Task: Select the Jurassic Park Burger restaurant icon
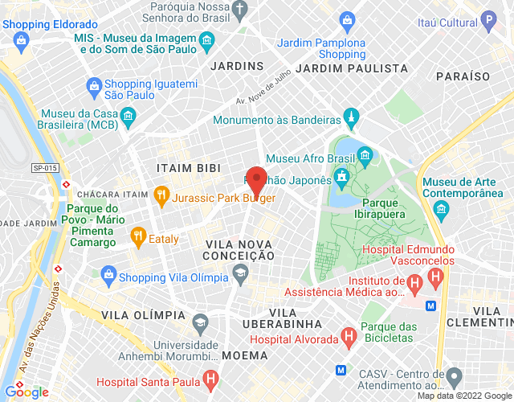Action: pos(161,194)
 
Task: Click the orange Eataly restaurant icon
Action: pos(137,236)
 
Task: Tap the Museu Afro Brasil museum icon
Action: pos(365,154)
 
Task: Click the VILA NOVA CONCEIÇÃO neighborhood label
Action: pos(240,249)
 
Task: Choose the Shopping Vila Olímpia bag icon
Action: pos(108,275)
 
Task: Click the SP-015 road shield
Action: pos(46,167)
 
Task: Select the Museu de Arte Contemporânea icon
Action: pos(440,209)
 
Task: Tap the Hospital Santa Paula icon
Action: pos(210,377)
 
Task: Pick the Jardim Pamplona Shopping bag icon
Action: pos(346,19)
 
